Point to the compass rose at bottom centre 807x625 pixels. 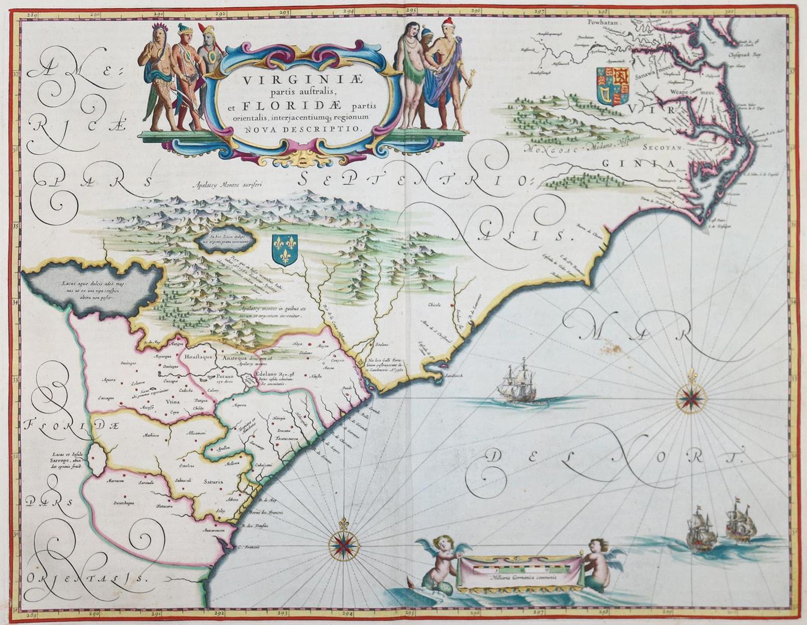coord(343,544)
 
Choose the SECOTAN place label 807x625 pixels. coord(661,147)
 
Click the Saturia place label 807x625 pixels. coord(213,482)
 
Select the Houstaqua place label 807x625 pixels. coord(196,357)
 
